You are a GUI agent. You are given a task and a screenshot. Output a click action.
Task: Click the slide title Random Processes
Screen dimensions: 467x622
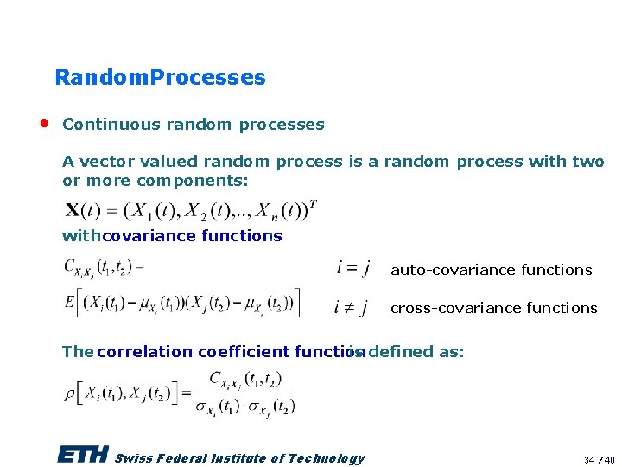pos(160,77)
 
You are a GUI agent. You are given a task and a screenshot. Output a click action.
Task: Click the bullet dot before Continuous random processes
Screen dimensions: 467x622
pos(43,123)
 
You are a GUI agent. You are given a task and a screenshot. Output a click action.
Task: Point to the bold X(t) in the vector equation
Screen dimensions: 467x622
pos(82,210)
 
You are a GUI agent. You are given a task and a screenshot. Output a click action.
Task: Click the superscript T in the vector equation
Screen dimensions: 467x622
pos(313,204)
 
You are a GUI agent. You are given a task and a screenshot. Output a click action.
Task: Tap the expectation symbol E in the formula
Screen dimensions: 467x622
pos(69,302)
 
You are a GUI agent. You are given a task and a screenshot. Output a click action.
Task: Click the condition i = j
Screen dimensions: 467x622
pos(352,269)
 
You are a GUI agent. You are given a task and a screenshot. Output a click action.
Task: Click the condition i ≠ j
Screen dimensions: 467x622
pos(352,307)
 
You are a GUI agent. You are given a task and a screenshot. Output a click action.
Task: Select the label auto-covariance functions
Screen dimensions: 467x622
pos(491,270)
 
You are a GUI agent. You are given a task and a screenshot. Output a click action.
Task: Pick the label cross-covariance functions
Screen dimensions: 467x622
pos(493,308)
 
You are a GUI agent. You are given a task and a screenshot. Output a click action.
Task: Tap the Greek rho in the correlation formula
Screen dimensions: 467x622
pos(69,393)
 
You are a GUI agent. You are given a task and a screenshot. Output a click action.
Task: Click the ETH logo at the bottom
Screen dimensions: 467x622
pos(83,456)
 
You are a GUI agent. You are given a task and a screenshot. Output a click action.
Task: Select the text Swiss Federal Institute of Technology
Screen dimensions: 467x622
pos(239,458)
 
